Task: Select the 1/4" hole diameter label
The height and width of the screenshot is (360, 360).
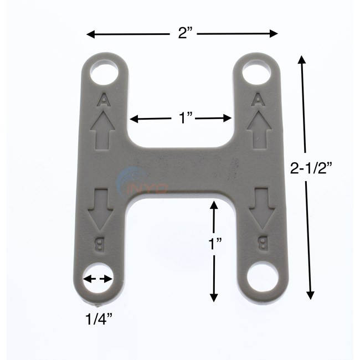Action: click(x=99, y=319)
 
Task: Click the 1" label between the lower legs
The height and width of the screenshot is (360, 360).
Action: click(x=215, y=244)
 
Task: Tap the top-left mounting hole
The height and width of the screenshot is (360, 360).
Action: click(x=104, y=74)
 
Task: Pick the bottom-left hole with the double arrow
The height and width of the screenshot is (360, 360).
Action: click(x=97, y=279)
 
